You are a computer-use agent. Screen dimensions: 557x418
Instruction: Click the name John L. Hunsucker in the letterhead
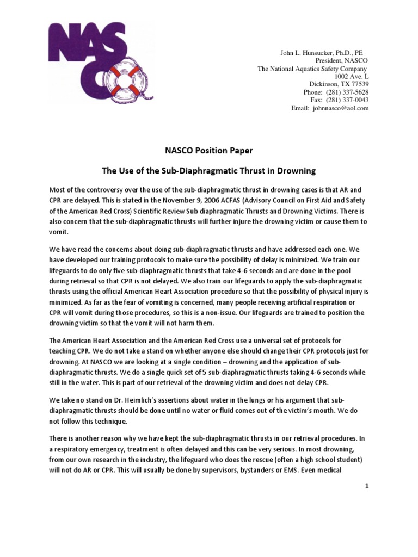click(307, 53)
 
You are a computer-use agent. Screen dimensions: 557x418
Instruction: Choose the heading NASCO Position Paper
click(209, 150)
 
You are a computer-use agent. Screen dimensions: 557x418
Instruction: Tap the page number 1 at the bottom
click(367, 486)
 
